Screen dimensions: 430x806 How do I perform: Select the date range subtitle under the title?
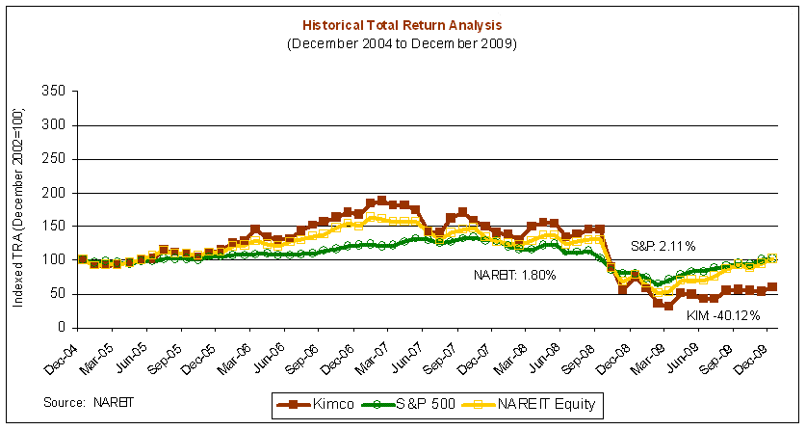tap(403, 43)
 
